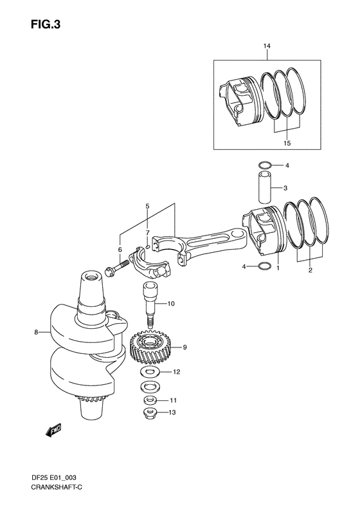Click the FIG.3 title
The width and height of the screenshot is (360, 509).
(x=46, y=24)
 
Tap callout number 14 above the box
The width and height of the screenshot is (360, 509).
(x=267, y=46)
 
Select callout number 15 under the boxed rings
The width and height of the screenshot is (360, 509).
(x=287, y=143)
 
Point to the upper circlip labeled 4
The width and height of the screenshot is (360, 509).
(x=265, y=165)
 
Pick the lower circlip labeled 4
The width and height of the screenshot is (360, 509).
(x=265, y=266)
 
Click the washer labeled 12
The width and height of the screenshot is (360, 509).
(x=150, y=372)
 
